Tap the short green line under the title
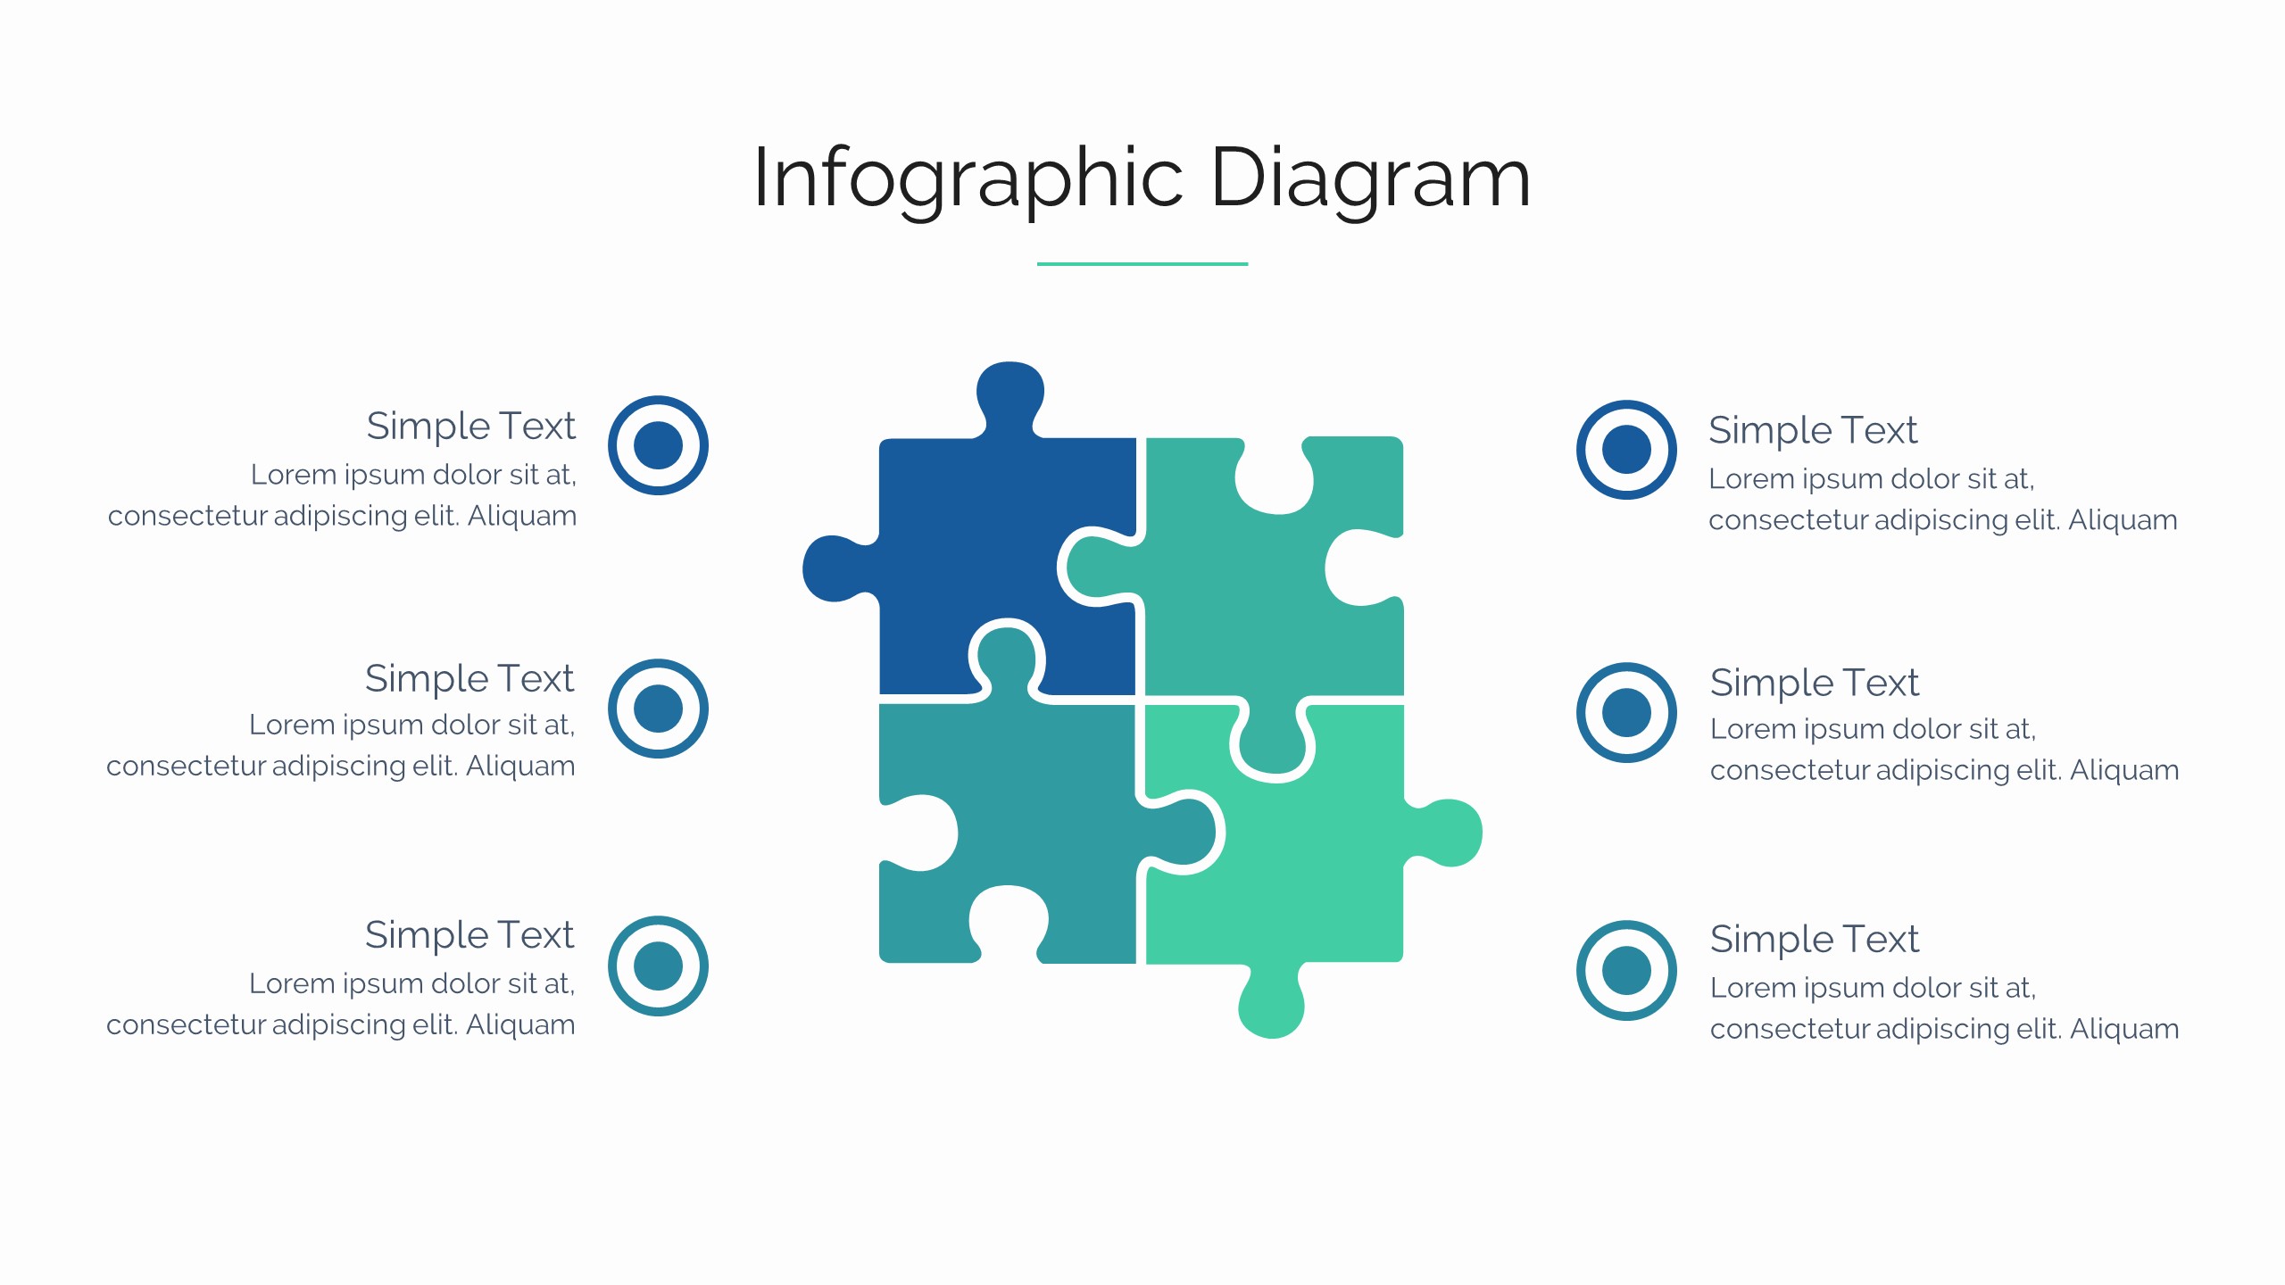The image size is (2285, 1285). [1142, 264]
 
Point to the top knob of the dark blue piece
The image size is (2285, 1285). [1010, 393]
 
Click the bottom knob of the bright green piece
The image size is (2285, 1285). [1272, 1004]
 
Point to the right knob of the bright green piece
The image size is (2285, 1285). [1446, 833]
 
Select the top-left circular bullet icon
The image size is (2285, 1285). [658, 445]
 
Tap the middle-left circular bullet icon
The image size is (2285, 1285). [658, 709]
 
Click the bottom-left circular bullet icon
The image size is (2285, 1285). [658, 966]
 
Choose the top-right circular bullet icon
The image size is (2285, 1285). [1626, 449]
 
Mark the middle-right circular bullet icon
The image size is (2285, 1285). [1626, 712]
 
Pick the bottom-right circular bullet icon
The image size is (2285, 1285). [1626, 970]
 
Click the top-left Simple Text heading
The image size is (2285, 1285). [471, 427]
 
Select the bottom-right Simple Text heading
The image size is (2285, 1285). [1815, 940]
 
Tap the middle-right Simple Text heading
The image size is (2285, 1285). [1815, 684]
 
